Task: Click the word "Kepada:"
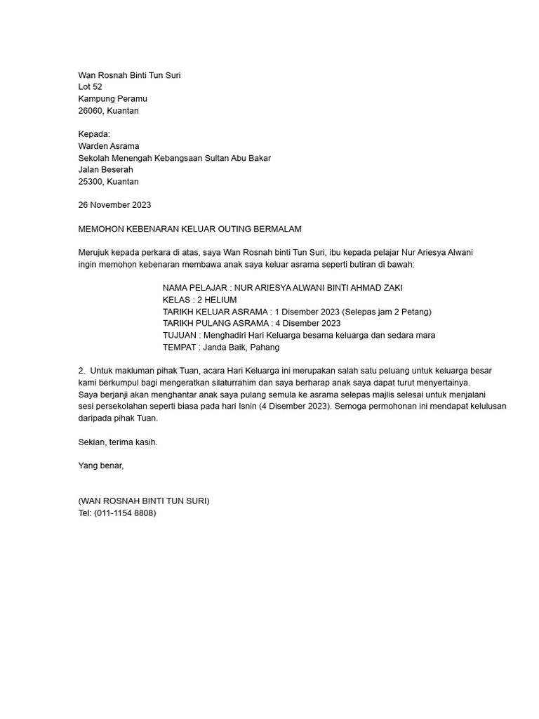94,134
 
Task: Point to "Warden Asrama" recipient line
109,146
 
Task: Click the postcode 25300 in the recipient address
91,181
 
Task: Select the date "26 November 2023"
114,205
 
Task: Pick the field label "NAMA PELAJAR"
194,288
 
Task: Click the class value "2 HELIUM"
217,300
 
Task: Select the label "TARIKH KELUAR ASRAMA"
215,312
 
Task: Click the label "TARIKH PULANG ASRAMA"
215,323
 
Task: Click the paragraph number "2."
81,370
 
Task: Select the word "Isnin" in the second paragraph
246,406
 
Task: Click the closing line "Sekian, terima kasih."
118,442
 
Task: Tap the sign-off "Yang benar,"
101,465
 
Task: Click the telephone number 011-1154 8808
125,513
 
